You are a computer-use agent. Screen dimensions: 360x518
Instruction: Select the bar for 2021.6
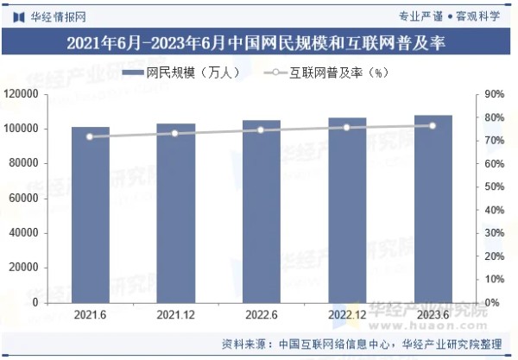point(90,216)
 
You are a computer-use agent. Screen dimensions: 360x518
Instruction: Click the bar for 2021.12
point(175,214)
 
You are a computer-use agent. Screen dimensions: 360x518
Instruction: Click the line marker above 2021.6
point(90,136)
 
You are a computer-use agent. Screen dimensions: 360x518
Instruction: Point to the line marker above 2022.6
point(261,129)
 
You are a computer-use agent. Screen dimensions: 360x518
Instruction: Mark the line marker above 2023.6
point(433,125)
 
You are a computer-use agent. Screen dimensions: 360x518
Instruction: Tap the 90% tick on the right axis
point(493,94)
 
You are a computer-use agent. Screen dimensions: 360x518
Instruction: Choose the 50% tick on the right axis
point(493,186)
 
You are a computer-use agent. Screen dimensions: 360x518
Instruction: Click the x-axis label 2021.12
point(175,316)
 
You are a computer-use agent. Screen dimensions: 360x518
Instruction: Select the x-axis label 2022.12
point(346,316)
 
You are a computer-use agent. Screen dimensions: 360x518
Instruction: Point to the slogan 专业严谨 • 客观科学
point(455,15)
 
